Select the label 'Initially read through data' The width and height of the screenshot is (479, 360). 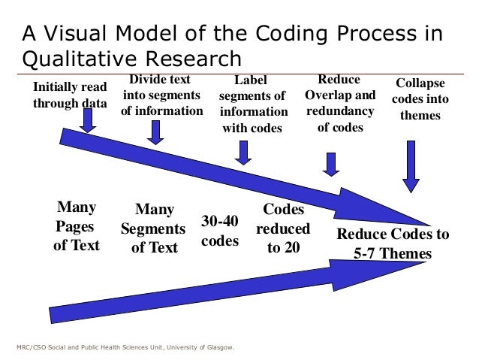(69, 95)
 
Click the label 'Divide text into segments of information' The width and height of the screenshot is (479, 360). (161, 95)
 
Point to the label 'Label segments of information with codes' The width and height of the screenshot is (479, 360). (252, 104)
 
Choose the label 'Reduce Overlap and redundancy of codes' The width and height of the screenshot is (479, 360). (340, 103)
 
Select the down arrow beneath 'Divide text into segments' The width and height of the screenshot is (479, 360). (156, 132)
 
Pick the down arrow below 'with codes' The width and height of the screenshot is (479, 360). (243, 153)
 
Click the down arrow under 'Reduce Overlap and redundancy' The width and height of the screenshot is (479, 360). (331, 163)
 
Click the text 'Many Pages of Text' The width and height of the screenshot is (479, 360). (76, 225)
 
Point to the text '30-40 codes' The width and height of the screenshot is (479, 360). (220, 231)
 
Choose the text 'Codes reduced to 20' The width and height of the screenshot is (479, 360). (283, 228)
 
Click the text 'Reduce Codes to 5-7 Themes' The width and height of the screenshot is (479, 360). (393, 244)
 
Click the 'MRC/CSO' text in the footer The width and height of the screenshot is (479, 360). (31, 347)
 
